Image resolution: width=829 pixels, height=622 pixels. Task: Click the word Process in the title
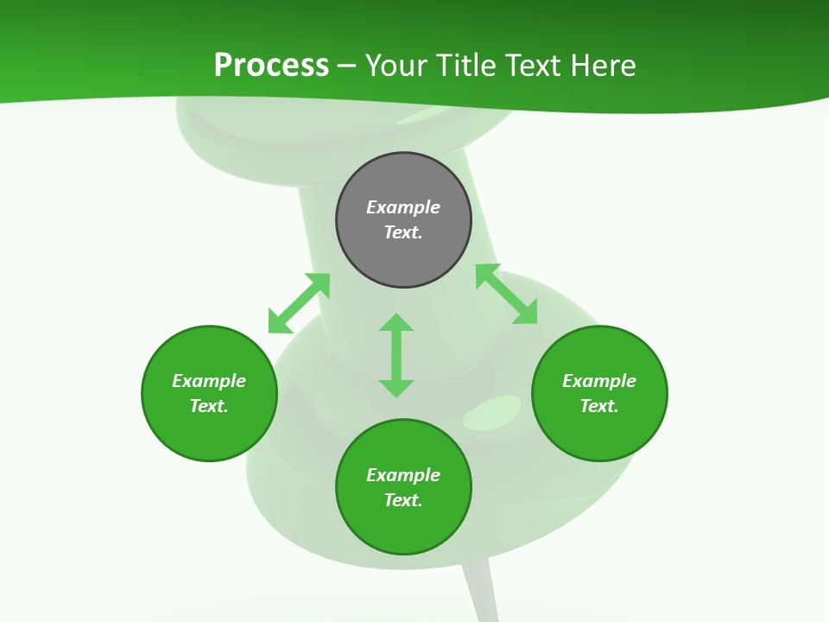pyautogui.click(x=271, y=66)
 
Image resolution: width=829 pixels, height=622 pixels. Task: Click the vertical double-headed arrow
pyautogui.click(x=396, y=355)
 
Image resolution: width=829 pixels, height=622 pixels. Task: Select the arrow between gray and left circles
pyautogui.click(x=299, y=303)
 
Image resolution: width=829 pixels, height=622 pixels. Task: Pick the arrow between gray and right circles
pyautogui.click(x=506, y=294)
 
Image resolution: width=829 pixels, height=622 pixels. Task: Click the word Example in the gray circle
pyautogui.click(x=403, y=207)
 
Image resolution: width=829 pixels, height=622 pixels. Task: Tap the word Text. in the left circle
pyautogui.click(x=209, y=406)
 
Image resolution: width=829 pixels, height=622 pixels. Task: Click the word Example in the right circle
pyautogui.click(x=599, y=381)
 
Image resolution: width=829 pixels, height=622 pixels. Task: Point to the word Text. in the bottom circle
pyautogui.click(x=403, y=500)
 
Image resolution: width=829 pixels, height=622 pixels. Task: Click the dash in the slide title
pyautogui.click(x=346, y=66)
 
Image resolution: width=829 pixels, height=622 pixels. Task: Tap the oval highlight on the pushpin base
pyautogui.click(x=492, y=413)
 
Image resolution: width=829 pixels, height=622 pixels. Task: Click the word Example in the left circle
pyautogui.click(x=209, y=381)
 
